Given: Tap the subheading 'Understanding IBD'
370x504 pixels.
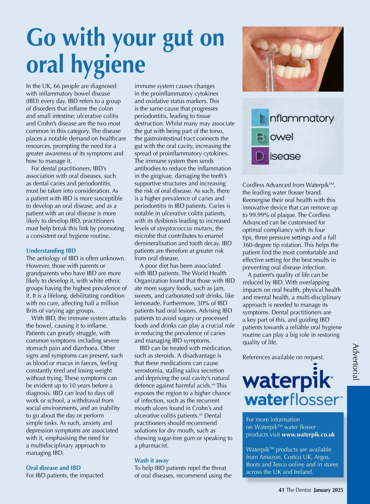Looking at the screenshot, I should point(51,251).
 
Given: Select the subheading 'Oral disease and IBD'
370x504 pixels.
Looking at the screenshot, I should point(53,468).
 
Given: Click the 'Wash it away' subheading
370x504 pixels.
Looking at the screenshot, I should point(151,461).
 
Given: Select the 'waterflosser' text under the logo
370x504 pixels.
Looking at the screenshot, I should point(293,400).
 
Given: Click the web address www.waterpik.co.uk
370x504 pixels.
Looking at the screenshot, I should point(308,435).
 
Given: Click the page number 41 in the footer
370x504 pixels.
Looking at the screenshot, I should point(281,490).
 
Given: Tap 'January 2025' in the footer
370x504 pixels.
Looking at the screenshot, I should point(328,490).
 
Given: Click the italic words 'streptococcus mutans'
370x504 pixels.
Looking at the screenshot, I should point(185,228).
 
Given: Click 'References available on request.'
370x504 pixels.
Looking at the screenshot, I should point(283,357).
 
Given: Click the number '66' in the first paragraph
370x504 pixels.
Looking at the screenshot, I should point(57,86).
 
